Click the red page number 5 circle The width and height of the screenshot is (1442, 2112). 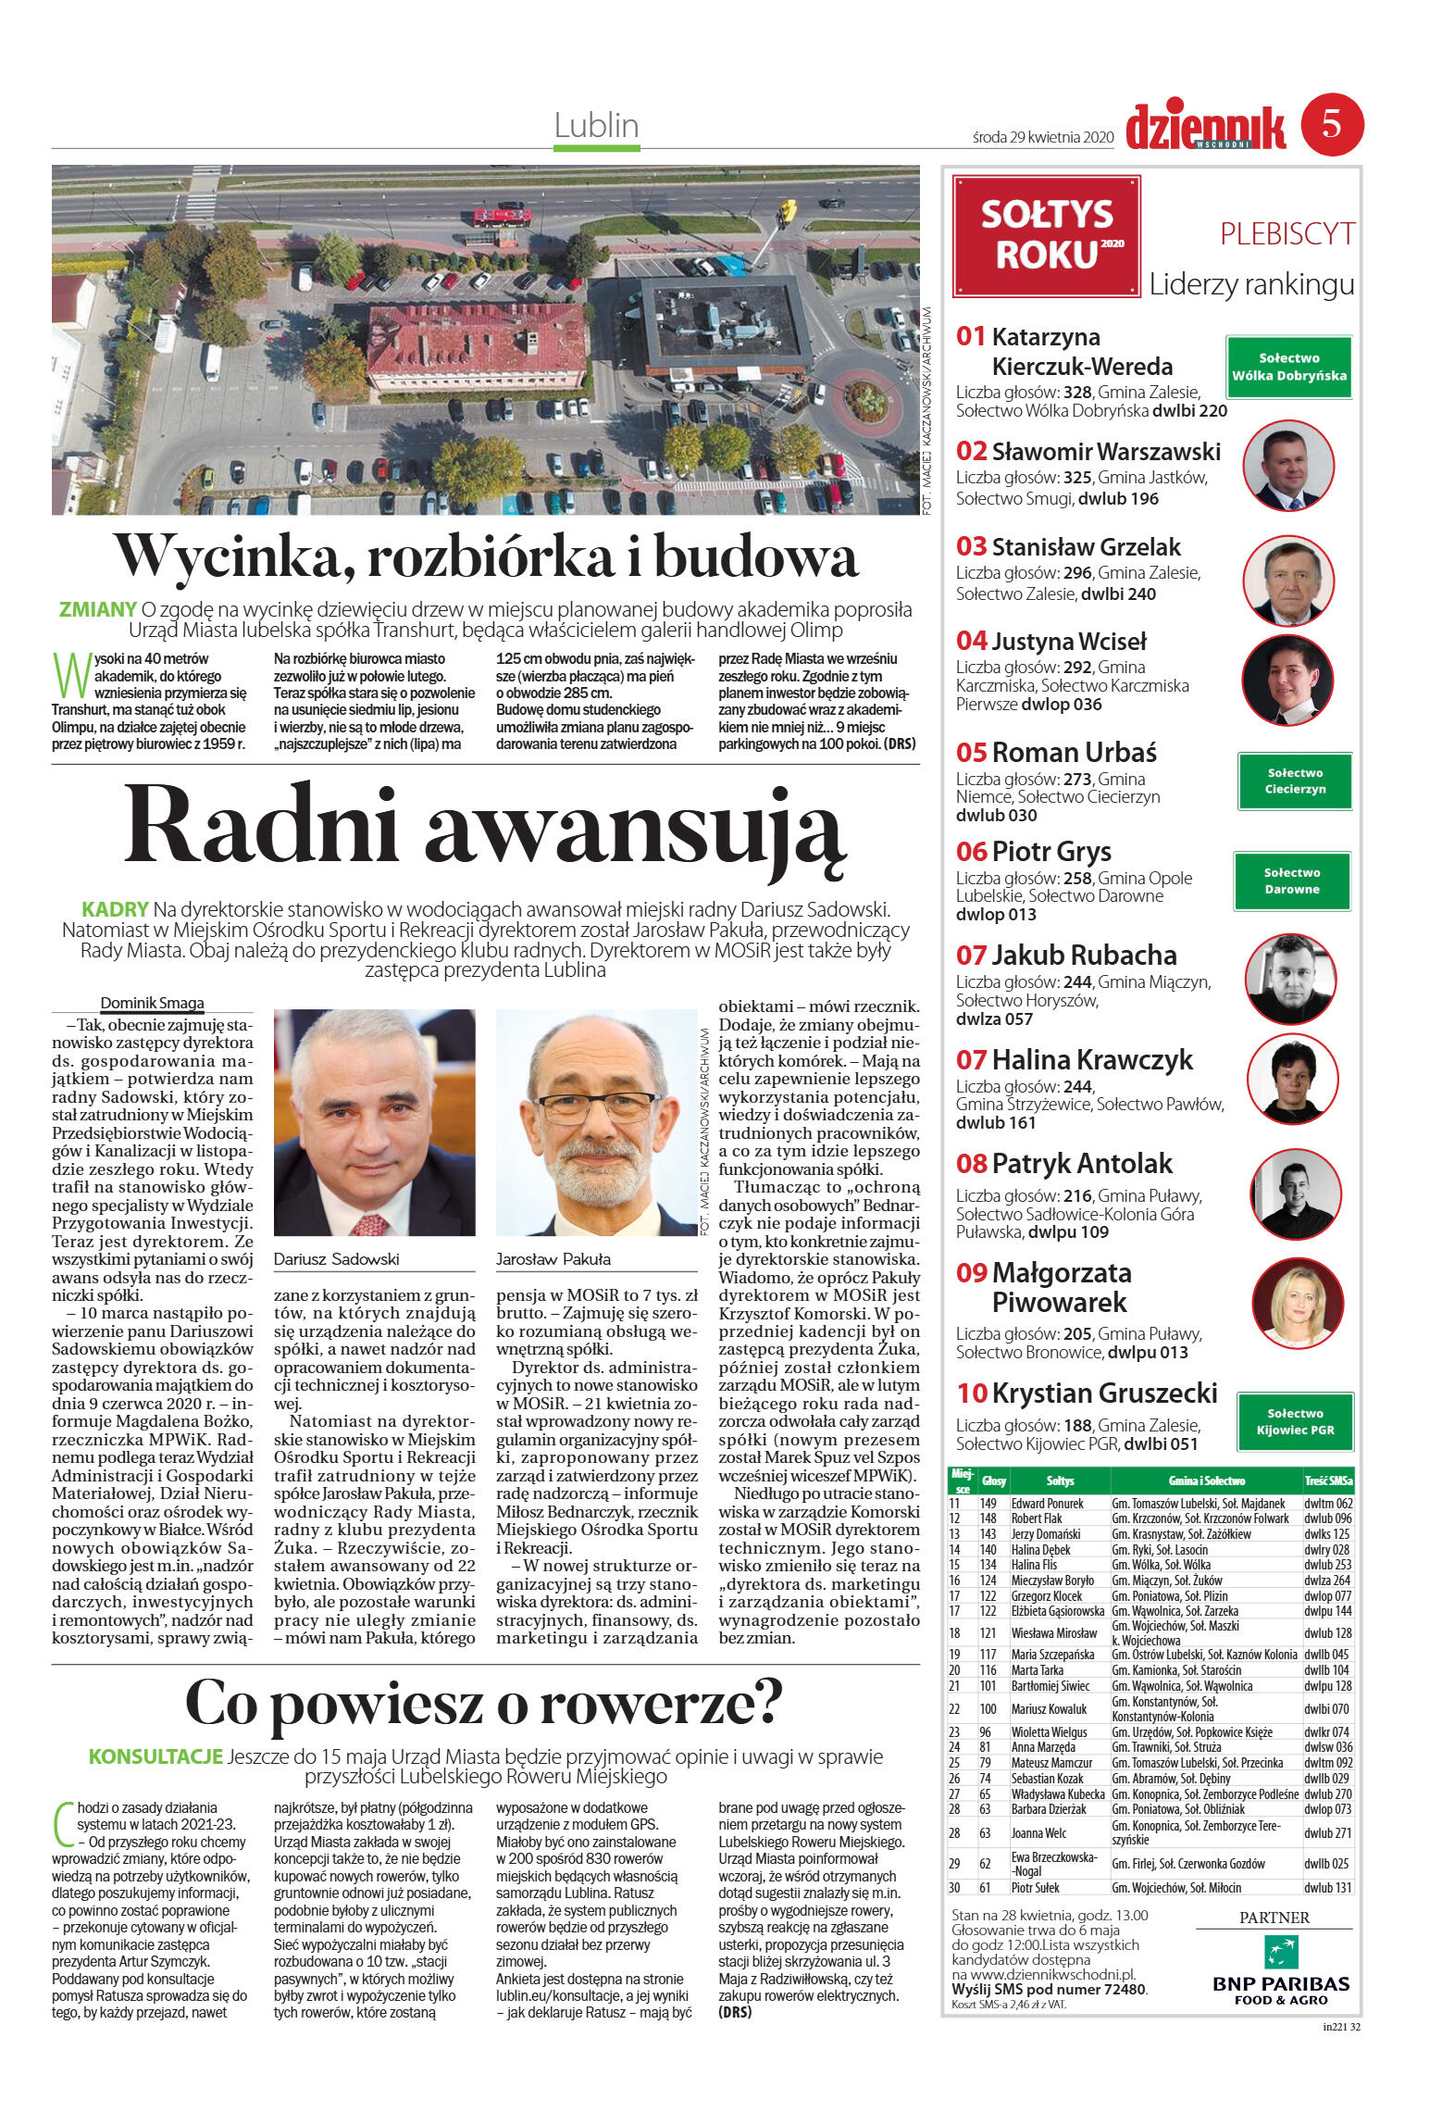tap(1331, 124)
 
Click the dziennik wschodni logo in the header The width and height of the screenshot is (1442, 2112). tap(1205, 127)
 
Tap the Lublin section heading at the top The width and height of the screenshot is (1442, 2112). tap(596, 125)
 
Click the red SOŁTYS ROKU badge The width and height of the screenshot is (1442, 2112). tap(1046, 235)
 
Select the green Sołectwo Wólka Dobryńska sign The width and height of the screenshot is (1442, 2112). tap(1288, 367)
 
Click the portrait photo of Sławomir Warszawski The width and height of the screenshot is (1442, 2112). tap(1287, 465)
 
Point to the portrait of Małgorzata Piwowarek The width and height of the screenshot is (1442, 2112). tap(1296, 1302)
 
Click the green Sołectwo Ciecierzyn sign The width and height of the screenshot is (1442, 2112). tap(1295, 781)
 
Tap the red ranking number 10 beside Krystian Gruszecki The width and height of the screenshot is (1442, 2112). tap(972, 1393)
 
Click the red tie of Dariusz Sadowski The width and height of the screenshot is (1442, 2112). tap(370, 1225)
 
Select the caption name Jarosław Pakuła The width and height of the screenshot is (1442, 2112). tap(553, 1259)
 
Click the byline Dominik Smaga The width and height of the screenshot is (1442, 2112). tap(152, 1003)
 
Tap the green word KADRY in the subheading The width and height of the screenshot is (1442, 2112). tap(115, 909)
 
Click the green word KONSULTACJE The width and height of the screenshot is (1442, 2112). tap(155, 1756)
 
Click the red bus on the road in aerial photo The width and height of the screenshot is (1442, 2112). tap(502, 218)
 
